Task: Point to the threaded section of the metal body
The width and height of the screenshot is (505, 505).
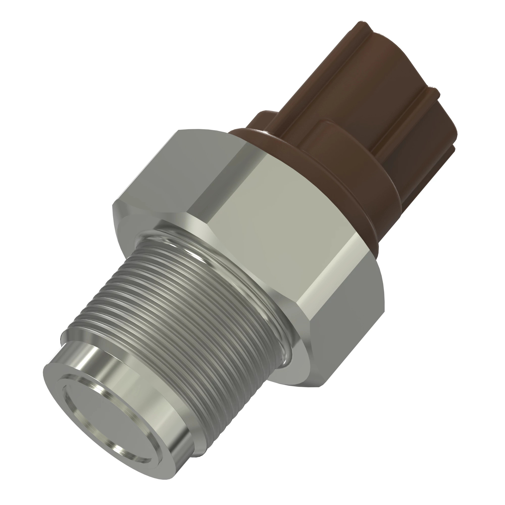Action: pyautogui.click(x=183, y=321)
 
